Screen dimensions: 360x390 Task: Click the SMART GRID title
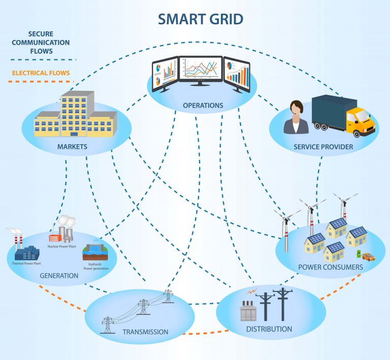[200, 19]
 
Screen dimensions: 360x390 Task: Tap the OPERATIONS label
[203, 106]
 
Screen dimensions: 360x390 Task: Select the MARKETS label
[72, 147]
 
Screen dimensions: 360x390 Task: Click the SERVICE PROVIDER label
[323, 147]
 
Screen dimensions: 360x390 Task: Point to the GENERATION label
[59, 276]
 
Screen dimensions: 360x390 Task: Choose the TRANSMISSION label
[145, 332]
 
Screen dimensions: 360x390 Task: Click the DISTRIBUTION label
[269, 329]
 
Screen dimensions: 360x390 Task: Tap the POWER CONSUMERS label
[330, 267]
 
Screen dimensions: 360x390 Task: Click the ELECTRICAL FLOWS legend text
[41, 73]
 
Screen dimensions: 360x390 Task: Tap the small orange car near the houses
[368, 256]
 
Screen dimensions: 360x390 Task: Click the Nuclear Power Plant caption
[63, 246]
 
